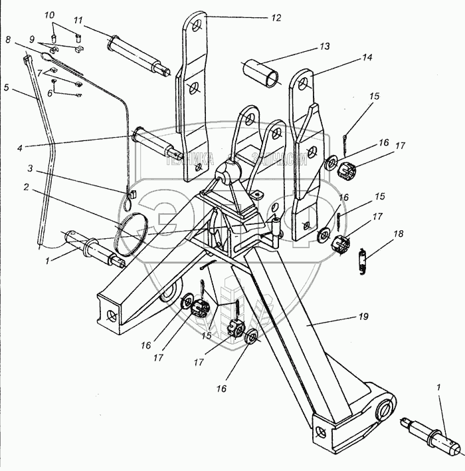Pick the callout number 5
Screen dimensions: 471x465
(x=6, y=86)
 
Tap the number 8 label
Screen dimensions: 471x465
(x=8, y=41)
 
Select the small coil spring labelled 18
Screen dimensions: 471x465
(x=362, y=259)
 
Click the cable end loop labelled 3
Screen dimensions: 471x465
(x=132, y=194)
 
